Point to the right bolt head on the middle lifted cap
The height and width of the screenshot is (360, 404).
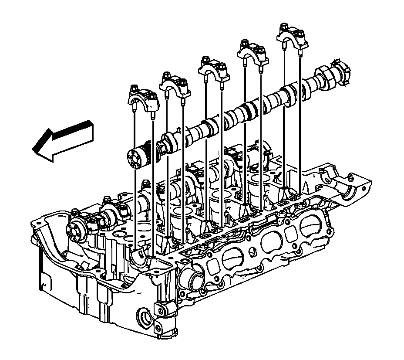222,67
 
